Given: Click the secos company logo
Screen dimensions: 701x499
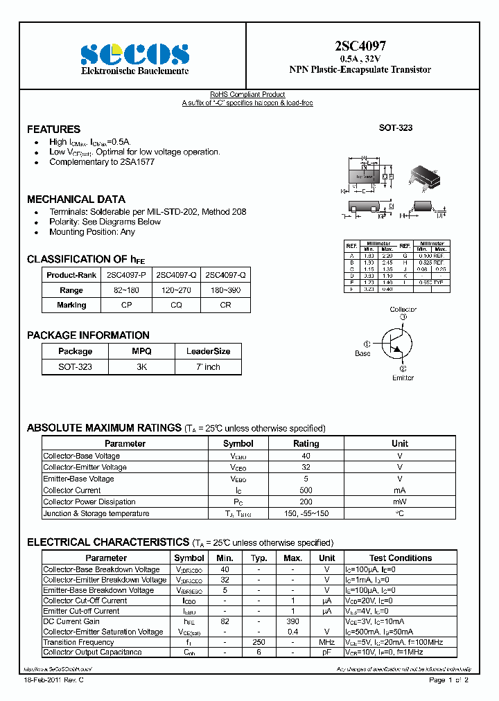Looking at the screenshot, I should click(134, 54).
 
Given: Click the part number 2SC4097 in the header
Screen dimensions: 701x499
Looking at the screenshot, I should click(360, 46).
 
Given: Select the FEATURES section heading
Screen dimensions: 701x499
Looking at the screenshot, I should click(53, 130).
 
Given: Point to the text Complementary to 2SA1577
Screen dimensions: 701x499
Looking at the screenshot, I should click(102, 162).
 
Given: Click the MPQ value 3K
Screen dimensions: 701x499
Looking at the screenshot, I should click(141, 367).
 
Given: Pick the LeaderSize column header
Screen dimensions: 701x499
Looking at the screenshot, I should click(208, 351).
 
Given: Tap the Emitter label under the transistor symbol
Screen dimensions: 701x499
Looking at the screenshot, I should click(403, 378).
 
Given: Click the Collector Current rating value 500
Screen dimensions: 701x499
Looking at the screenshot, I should click(306, 490).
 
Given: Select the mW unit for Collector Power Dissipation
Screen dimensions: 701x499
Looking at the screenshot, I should click(400, 502).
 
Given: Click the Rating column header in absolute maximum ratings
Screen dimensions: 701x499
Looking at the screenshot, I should click(306, 443).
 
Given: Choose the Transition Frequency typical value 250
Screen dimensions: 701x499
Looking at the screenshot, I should click(259, 642).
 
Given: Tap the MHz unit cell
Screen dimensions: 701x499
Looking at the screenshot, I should click(327, 642).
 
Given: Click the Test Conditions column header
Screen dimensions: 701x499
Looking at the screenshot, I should click(400, 558).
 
